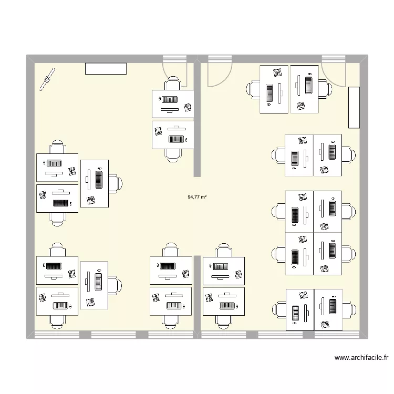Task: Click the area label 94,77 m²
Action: pos(196,198)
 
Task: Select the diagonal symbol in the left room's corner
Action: pos(48,79)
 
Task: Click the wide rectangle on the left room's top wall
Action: pos(106,69)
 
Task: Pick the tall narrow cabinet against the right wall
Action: pos(354,108)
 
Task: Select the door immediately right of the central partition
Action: pos(219,74)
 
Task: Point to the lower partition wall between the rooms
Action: pos(198,294)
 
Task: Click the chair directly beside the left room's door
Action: pos(173,84)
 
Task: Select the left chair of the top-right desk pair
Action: pos(253,89)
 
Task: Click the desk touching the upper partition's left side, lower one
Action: pos(173,135)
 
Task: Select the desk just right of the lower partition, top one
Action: pos(224,271)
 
